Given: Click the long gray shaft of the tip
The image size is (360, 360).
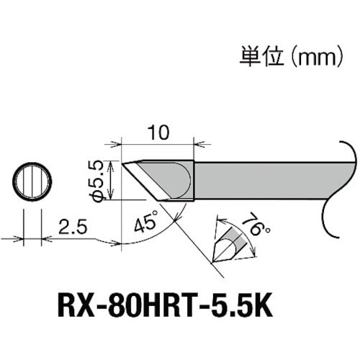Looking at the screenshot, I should (x=266, y=179).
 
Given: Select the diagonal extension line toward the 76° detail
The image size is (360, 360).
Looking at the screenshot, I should (x=194, y=238).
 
